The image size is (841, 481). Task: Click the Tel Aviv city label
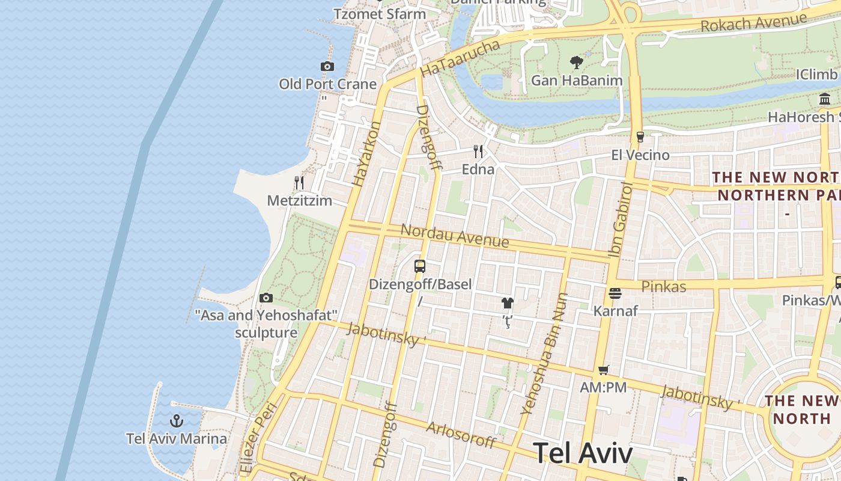pyautogui.click(x=583, y=453)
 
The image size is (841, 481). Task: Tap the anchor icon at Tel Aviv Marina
pyautogui.click(x=177, y=421)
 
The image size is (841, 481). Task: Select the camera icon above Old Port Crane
pyautogui.click(x=327, y=66)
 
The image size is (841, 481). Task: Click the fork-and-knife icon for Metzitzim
pyautogui.click(x=299, y=182)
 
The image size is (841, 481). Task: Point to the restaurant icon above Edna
pyautogui.click(x=478, y=151)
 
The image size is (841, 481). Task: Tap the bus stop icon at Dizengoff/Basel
pyautogui.click(x=420, y=266)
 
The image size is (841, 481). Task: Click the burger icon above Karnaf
pyautogui.click(x=615, y=293)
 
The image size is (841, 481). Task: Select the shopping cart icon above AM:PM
pyautogui.click(x=603, y=370)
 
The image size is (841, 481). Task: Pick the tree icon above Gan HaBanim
pyautogui.click(x=576, y=62)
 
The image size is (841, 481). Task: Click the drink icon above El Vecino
pyautogui.click(x=640, y=136)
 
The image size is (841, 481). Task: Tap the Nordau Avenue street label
pyautogui.click(x=455, y=236)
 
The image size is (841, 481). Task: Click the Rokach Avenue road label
pyautogui.click(x=753, y=22)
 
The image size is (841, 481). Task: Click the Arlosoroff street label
pyautogui.click(x=461, y=435)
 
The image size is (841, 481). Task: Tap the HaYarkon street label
pyautogui.click(x=366, y=153)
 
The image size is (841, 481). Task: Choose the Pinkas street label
pyautogui.click(x=664, y=286)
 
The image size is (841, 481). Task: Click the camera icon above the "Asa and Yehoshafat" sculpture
pyautogui.click(x=266, y=298)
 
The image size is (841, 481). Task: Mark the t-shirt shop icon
pyautogui.click(x=508, y=303)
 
